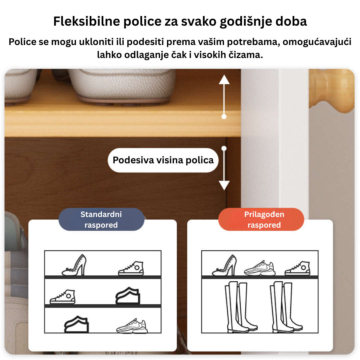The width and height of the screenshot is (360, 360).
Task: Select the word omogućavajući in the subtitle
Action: click(317, 42)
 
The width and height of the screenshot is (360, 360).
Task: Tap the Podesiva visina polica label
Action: click(163, 160)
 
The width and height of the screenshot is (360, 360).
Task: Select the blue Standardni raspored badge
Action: click(101, 219)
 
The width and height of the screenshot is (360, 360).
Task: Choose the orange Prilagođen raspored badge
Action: click(261, 219)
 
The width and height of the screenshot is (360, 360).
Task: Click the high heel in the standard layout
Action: click(74, 265)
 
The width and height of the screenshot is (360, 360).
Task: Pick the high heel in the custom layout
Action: click(224, 265)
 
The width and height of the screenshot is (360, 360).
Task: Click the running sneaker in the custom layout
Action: click(260, 268)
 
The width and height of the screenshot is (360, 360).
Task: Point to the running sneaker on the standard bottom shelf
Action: click(132, 326)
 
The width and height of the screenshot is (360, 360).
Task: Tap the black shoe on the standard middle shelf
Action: click(128, 296)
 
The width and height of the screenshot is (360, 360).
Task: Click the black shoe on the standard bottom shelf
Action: click(76, 324)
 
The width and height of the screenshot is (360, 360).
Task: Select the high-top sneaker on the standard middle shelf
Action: click(62, 297)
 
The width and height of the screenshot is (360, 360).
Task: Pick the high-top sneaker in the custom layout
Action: click(297, 268)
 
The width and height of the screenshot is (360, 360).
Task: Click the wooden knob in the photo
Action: click(332, 91)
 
